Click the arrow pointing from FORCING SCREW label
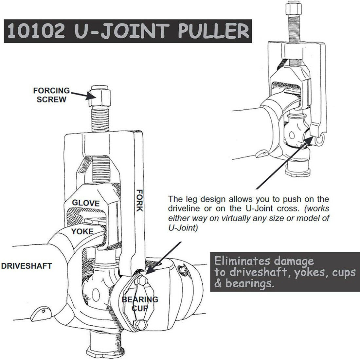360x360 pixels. click(x=80, y=95)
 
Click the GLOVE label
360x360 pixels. click(x=86, y=203)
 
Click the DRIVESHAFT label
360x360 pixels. click(x=26, y=266)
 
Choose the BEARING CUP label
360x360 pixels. click(x=140, y=304)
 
